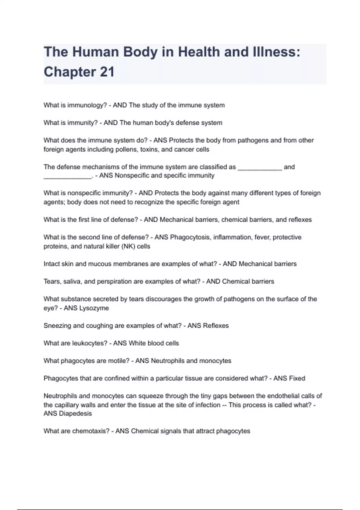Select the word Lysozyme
click(x=94, y=308)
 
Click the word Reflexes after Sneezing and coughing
click(x=216, y=326)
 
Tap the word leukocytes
click(x=90, y=343)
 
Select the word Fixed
click(x=297, y=378)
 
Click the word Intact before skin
click(x=51, y=264)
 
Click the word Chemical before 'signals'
click(x=145, y=431)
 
